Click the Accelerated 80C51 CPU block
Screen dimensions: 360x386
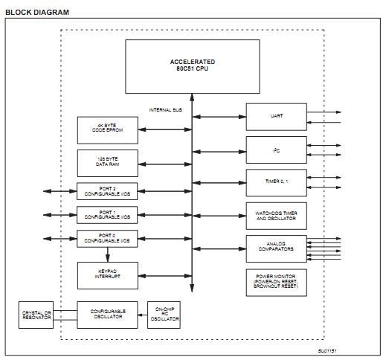[192, 65]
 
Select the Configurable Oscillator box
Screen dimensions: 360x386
[107, 315]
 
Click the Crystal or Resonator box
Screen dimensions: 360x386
[36, 315]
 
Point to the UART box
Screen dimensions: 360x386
[276, 116]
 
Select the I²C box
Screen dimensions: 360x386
[276, 149]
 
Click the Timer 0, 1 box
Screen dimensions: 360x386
[276, 181]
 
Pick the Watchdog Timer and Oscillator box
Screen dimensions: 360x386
[276, 215]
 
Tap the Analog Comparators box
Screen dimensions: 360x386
[276, 248]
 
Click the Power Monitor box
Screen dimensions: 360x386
[276, 282]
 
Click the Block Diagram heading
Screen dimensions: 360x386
[37, 13]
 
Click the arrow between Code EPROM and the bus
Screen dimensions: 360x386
[164, 129]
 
